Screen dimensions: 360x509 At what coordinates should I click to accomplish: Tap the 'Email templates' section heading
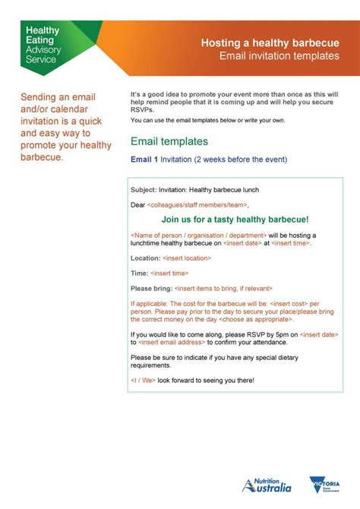coord(169,141)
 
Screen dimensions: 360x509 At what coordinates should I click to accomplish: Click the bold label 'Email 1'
coord(144,160)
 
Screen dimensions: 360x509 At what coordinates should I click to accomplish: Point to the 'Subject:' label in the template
coord(144,189)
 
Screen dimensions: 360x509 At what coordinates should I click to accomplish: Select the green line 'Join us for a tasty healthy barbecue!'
coord(235,219)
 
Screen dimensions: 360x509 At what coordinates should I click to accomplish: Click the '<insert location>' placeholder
coord(187,258)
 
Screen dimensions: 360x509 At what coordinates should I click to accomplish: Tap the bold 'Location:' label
coord(145,258)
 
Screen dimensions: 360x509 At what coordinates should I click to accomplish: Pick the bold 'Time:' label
coord(140,273)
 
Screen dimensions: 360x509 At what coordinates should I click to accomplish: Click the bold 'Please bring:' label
coord(151,288)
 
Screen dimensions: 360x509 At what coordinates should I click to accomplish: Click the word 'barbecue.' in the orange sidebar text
coord(42,157)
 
